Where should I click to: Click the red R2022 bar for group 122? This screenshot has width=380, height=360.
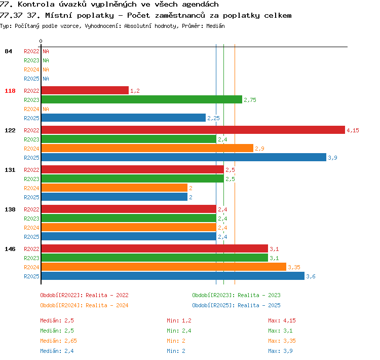pyautogui.click(x=193, y=130)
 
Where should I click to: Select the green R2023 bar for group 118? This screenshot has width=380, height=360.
pyautogui.click(x=142, y=99)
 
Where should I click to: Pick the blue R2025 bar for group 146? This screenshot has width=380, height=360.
pyautogui.click(x=173, y=276)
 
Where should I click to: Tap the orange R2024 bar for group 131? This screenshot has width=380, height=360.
pyautogui.click(x=115, y=188)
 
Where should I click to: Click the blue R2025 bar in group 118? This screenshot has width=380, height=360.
pyautogui.click(x=124, y=118)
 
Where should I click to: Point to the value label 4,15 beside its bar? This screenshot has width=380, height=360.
pyautogui.click(x=353, y=130)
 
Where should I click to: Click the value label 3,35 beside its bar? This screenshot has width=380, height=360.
pyautogui.click(x=294, y=267)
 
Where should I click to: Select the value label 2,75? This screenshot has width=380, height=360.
pyautogui.click(x=250, y=100)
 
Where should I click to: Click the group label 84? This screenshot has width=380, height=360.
pyautogui.click(x=8, y=51)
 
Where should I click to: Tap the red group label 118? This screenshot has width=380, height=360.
pyautogui.click(x=10, y=91)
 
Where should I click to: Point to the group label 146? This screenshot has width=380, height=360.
pyautogui.click(x=10, y=249)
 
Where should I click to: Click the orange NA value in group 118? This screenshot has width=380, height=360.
pyautogui.click(x=46, y=109)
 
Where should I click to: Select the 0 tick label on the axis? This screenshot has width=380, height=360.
pyautogui.click(x=41, y=41)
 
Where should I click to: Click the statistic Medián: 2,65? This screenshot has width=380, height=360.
pyautogui.click(x=58, y=341)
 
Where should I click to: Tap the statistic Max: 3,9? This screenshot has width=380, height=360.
pyautogui.click(x=280, y=351)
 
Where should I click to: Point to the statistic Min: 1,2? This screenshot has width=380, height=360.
pyautogui.click(x=179, y=320)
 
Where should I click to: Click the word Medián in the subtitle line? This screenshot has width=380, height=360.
pyautogui.click(x=215, y=26)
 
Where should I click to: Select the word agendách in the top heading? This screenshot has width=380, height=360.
pyautogui.click(x=201, y=5)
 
